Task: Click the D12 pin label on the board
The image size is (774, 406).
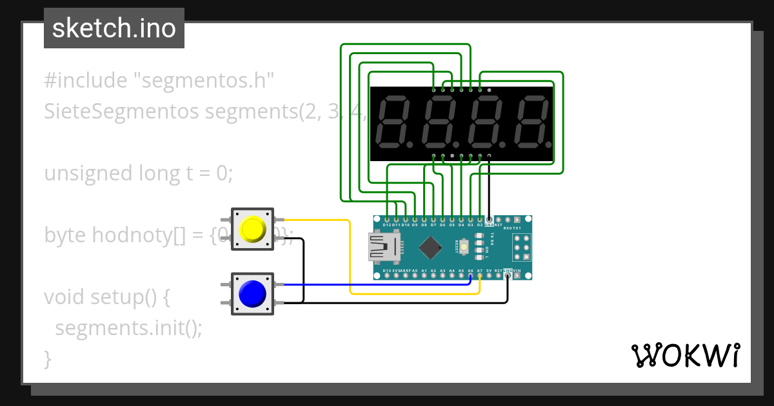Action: (x=386, y=225)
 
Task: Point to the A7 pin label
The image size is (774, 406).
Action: (x=480, y=271)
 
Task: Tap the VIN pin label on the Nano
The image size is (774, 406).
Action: (x=517, y=271)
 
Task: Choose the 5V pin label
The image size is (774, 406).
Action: (x=489, y=271)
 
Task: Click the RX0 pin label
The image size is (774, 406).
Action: (x=508, y=227)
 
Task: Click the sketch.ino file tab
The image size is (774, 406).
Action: (x=114, y=28)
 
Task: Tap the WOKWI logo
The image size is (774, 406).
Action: (x=685, y=355)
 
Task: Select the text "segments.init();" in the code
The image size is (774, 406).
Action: (x=128, y=328)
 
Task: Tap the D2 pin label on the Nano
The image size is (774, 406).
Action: (x=480, y=225)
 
